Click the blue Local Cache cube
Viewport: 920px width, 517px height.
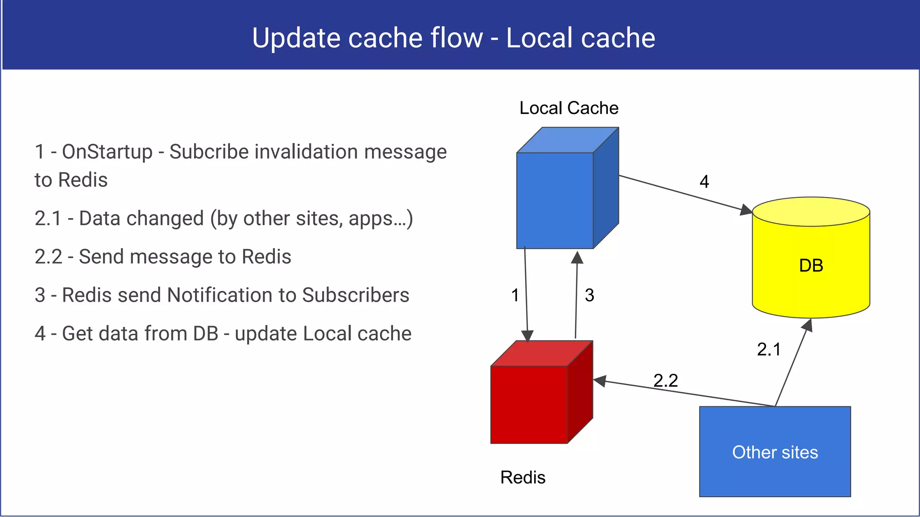[555, 200]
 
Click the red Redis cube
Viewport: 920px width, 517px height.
[529, 404]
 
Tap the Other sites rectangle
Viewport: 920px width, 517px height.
[775, 452]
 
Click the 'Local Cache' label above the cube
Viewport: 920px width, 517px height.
[569, 108]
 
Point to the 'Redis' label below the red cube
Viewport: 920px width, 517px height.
[523, 478]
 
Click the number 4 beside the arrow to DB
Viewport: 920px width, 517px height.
[704, 182]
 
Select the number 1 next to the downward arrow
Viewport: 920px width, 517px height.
[515, 295]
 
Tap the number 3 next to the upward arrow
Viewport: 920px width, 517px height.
[589, 295]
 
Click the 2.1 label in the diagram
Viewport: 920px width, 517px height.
[769, 349]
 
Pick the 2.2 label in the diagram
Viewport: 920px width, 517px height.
[665, 381]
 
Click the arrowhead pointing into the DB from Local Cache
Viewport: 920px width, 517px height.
[746, 210]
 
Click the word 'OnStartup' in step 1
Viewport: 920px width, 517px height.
[107, 152]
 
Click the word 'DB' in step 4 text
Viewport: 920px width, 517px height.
[205, 333]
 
